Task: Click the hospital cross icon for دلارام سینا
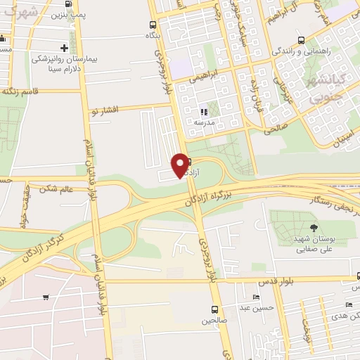(64, 49)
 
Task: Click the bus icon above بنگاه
(150, 22)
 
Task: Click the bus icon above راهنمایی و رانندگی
(301, 40)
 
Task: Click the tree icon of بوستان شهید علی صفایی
(312, 228)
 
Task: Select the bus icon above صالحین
(214, 309)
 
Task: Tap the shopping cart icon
(46, 297)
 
